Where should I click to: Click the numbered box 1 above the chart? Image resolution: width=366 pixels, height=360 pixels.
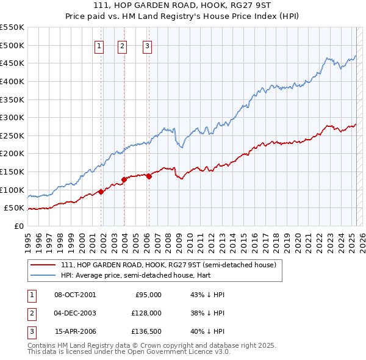pyautogui.click(x=99, y=45)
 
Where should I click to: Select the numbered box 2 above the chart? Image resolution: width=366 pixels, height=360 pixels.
pyautogui.click(x=122, y=45)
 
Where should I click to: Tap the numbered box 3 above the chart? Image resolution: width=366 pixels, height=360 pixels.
pyautogui.click(x=147, y=45)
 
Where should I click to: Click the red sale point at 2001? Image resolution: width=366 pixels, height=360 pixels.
pyautogui.click(x=101, y=191)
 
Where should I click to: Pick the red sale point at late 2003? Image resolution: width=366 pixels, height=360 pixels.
pyautogui.click(x=124, y=179)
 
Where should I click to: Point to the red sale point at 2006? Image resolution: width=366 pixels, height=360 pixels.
pyautogui.click(x=148, y=176)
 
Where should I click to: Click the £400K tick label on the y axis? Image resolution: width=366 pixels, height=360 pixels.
pyautogui.click(x=12, y=81)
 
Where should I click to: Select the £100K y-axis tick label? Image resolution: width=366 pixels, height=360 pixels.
pyautogui.click(x=12, y=190)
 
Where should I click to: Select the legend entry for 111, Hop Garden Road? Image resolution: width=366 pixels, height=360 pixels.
pyautogui.click(x=168, y=265)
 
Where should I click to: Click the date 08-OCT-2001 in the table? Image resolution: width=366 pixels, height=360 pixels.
pyautogui.click(x=75, y=295)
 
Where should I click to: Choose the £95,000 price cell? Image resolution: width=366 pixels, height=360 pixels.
pyautogui.click(x=148, y=295)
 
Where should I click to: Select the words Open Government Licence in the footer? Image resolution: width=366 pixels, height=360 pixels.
pyautogui.click(x=173, y=352)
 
